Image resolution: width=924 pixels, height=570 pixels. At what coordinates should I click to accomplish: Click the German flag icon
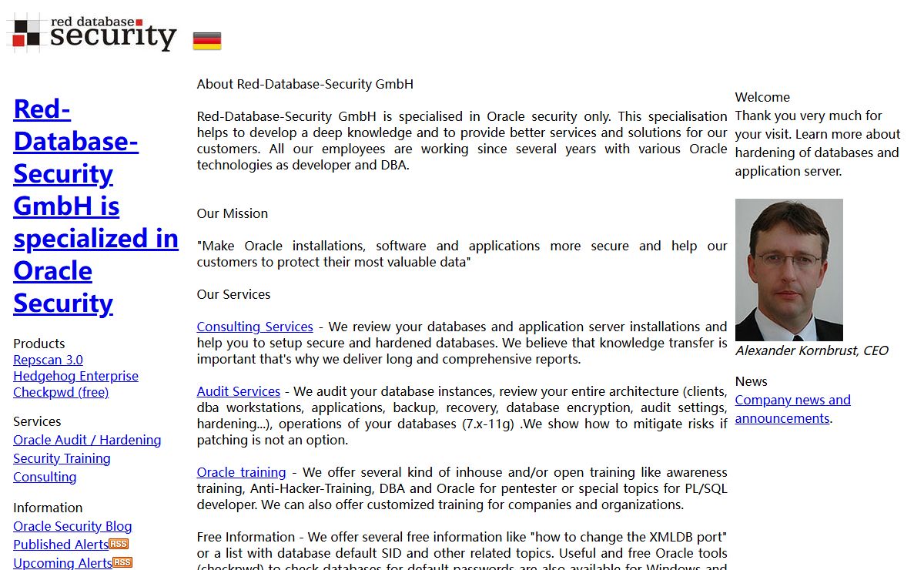207,41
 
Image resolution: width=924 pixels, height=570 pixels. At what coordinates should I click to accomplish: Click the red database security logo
92,32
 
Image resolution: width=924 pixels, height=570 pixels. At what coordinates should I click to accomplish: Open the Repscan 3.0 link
48,360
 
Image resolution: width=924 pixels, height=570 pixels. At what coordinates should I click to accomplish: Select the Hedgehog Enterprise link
75,376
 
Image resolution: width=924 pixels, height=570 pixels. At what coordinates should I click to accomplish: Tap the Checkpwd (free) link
61,392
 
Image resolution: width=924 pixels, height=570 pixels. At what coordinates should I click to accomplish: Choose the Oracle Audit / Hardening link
87,440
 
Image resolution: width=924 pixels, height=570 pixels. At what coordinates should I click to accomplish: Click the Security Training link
62,458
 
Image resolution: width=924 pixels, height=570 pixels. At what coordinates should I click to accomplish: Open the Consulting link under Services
45,477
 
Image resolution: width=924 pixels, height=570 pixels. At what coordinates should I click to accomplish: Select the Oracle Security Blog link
72,526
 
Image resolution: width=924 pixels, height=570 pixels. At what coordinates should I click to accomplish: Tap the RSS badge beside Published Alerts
119,544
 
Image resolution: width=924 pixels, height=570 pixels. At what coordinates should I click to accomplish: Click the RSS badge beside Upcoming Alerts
122,562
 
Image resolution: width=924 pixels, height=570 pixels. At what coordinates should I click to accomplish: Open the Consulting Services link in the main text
255,327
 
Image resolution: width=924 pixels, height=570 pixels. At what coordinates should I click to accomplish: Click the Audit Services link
239,391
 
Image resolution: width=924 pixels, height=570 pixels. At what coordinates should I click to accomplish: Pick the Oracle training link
241,472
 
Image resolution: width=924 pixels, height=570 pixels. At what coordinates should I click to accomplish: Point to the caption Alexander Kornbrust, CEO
812,350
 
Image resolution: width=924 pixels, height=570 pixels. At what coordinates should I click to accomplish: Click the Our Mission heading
233,213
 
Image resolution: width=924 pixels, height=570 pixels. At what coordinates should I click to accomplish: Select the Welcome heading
762,97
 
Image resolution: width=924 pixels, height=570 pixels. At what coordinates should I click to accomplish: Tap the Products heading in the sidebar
39,344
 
